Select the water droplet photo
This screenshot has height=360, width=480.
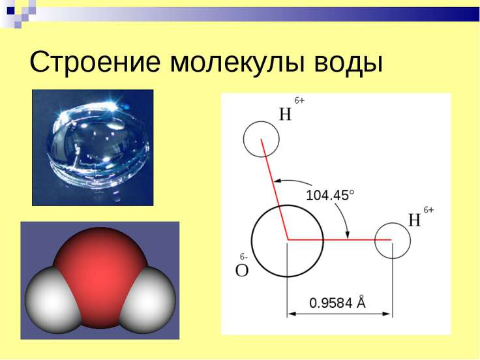(93, 147)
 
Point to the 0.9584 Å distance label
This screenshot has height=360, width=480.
(337, 303)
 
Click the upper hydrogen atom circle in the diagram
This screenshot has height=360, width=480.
(261, 138)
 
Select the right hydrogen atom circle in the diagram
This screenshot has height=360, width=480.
(393, 240)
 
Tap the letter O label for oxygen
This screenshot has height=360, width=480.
(242, 270)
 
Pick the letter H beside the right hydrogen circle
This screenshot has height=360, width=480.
(415, 220)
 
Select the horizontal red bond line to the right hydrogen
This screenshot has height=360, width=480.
(339, 240)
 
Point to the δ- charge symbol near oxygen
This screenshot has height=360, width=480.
(242, 256)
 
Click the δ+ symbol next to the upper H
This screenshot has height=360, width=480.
(300, 101)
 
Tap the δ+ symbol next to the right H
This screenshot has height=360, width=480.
(428, 210)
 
